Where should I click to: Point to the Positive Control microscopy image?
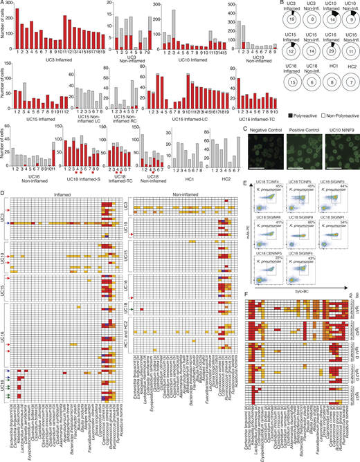point(305,148)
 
